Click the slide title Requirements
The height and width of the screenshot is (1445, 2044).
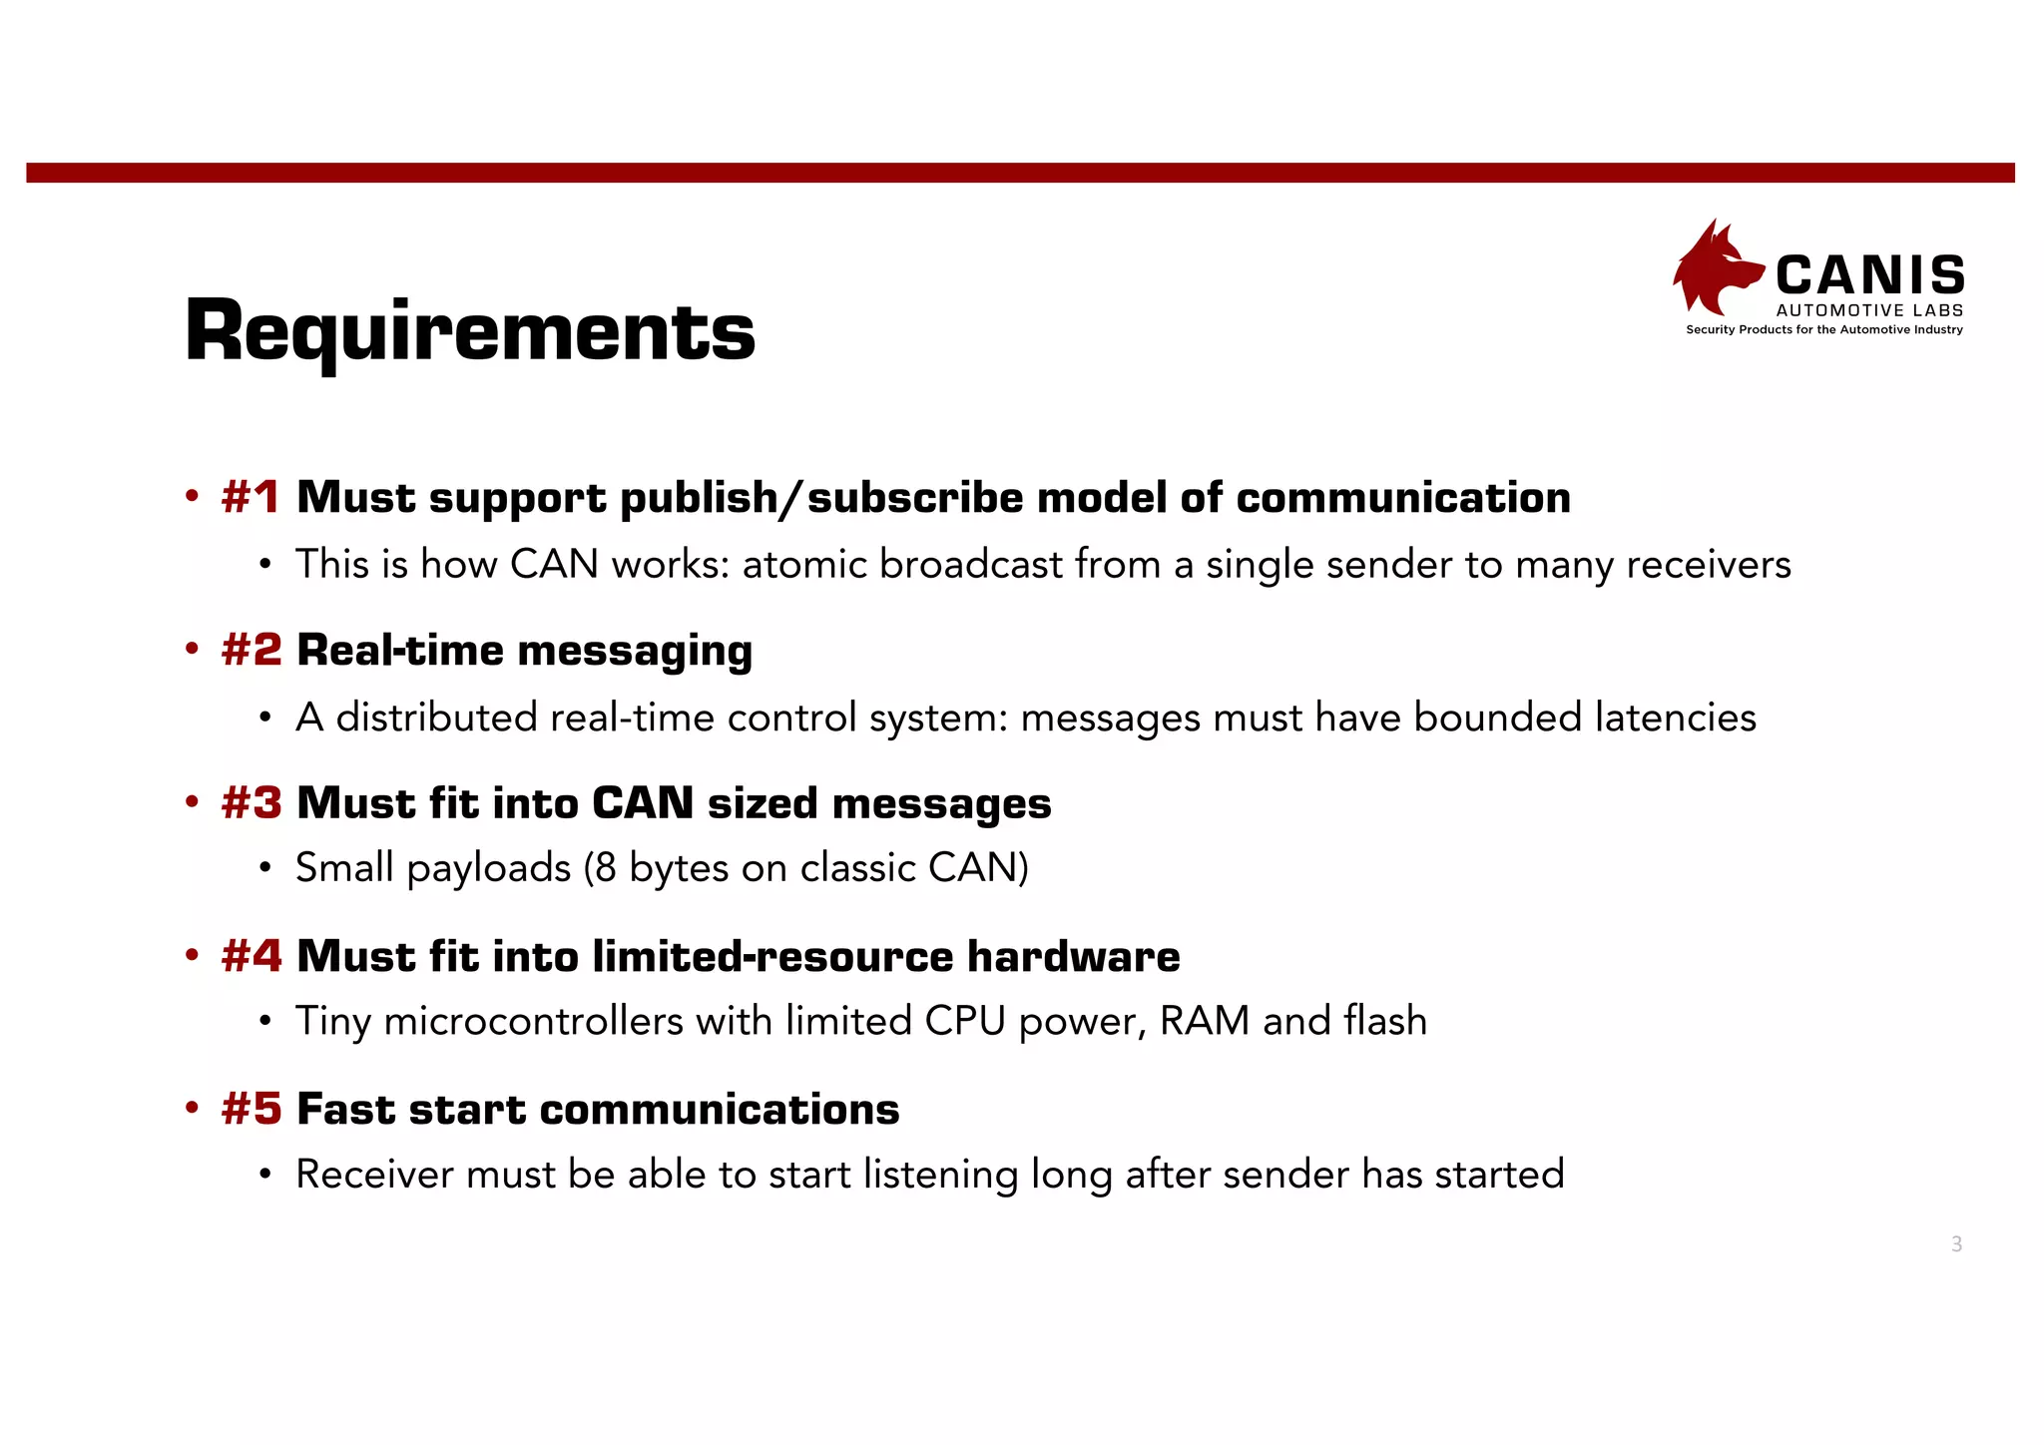[470, 331]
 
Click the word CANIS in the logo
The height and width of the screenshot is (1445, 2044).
[1870, 275]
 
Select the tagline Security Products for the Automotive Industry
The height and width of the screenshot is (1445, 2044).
[1823, 330]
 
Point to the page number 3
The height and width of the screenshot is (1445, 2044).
[1956, 1244]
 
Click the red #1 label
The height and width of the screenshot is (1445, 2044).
[251, 497]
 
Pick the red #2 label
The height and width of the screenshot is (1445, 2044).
[252, 650]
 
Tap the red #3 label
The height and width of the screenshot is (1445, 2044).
[252, 803]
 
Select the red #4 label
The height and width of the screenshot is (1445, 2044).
[252, 956]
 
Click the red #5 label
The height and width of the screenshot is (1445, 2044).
[252, 1109]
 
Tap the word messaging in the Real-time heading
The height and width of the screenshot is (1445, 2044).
[635, 652]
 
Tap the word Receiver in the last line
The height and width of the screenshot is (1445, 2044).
[374, 1175]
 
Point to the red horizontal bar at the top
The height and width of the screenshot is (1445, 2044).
[1020, 173]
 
